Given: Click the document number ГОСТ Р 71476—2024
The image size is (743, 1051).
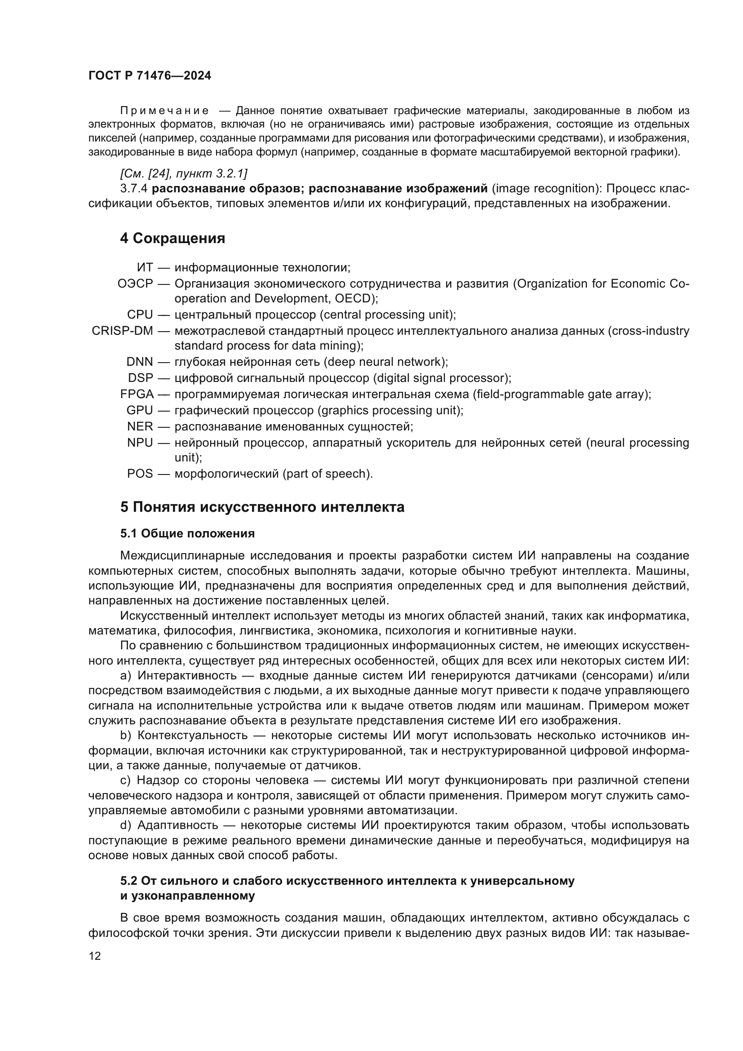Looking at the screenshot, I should click(150, 76).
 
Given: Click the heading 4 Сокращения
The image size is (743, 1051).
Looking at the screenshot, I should click(172, 239).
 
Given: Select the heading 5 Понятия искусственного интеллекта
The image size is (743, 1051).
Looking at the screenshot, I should click(262, 507).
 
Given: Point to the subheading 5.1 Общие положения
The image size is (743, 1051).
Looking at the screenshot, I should click(188, 533).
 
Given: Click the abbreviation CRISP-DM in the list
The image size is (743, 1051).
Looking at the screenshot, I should click(122, 331).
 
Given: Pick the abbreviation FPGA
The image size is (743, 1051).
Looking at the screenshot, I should click(137, 394).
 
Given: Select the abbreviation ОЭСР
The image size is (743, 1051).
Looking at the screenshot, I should click(135, 284).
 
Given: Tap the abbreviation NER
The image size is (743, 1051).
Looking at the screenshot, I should click(140, 426).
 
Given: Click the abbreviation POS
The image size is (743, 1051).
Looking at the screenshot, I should click(140, 473).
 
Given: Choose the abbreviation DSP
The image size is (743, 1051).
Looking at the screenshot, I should click(141, 378).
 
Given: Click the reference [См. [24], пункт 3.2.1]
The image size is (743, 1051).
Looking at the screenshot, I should click(183, 173).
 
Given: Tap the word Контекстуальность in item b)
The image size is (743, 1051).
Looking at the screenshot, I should click(192, 736).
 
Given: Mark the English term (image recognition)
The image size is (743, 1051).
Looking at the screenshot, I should click(543, 189).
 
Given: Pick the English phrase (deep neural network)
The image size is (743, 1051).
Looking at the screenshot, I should click(386, 362).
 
